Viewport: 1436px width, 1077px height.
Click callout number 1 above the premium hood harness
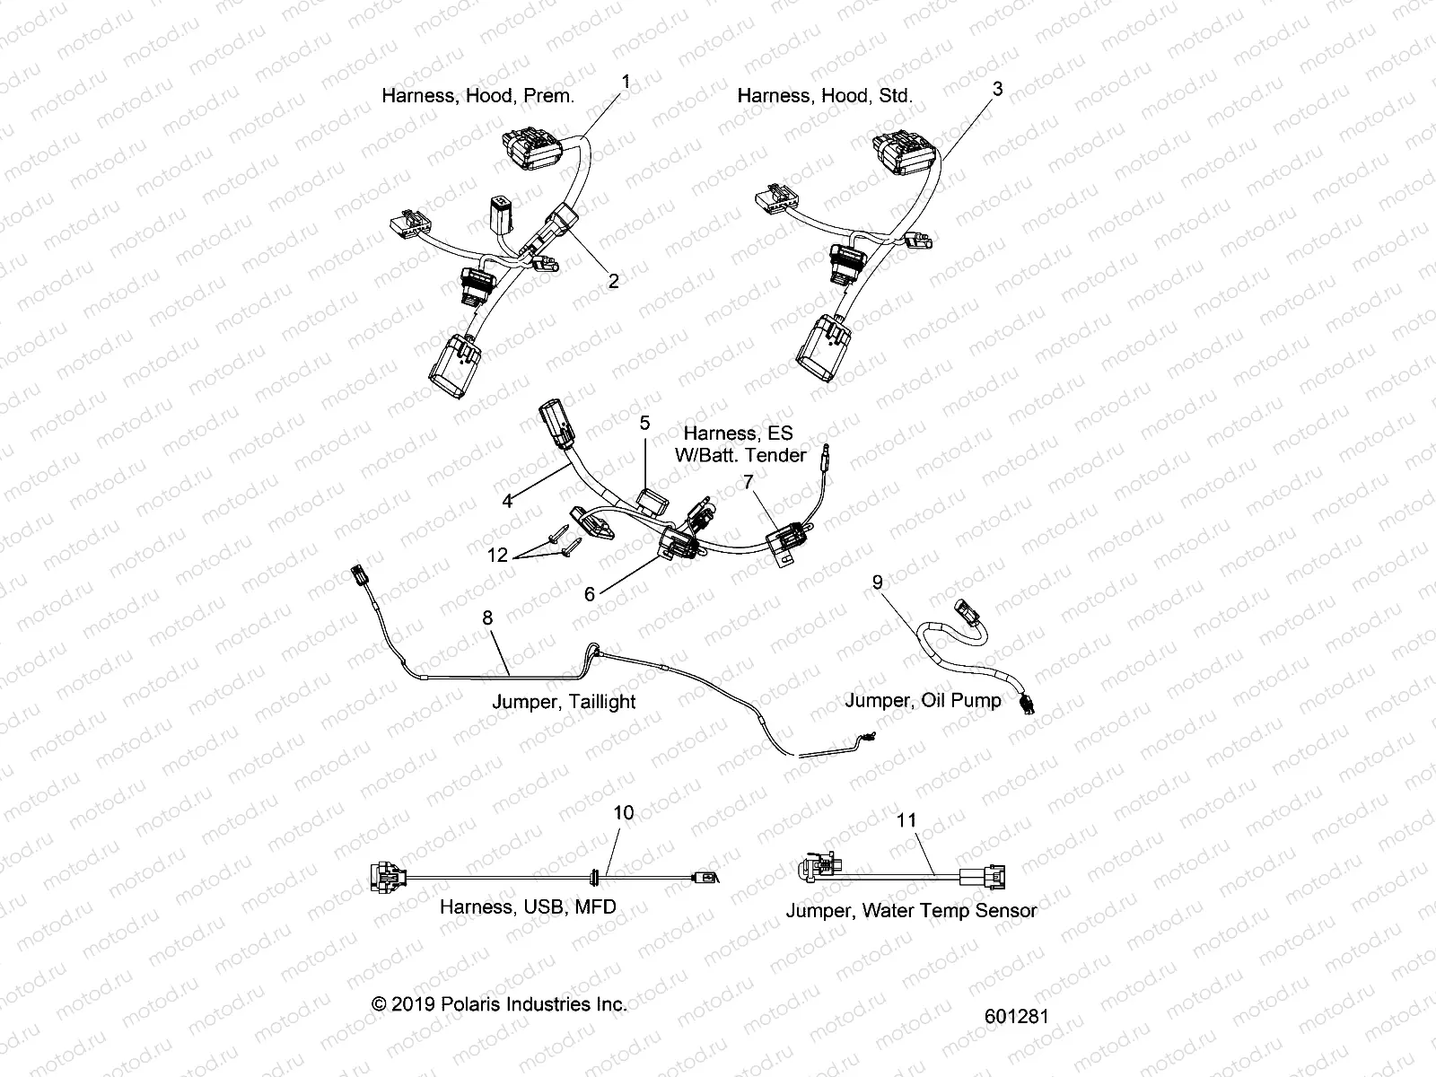click(x=626, y=82)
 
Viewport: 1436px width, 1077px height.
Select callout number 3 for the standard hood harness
click(x=997, y=89)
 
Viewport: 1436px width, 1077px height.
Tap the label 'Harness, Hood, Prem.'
click(x=477, y=95)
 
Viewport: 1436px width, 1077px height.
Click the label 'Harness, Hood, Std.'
click(x=825, y=95)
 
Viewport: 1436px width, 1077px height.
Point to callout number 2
click(x=614, y=281)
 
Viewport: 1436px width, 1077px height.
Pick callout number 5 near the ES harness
click(x=644, y=421)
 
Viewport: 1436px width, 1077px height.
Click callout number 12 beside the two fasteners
click(x=497, y=556)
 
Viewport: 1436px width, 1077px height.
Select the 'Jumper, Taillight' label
click(x=564, y=702)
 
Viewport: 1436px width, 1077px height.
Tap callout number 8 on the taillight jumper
click(x=487, y=617)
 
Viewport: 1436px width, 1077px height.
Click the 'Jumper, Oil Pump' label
click(x=923, y=700)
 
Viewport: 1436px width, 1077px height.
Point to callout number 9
click(x=878, y=582)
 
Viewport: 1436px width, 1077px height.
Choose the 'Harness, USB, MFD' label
click(x=528, y=906)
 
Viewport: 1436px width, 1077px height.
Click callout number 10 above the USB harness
click(x=623, y=812)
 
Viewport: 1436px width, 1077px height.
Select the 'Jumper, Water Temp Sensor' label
click(x=911, y=910)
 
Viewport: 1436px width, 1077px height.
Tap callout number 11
click(x=906, y=819)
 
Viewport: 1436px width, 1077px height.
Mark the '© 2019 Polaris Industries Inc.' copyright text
click(x=499, y=1004)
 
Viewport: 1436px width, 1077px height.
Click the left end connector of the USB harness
click(x=385, y=880)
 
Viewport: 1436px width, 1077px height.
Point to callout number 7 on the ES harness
click(x=748, y=483)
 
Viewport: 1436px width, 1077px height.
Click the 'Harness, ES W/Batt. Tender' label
click(x=740, y=444)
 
